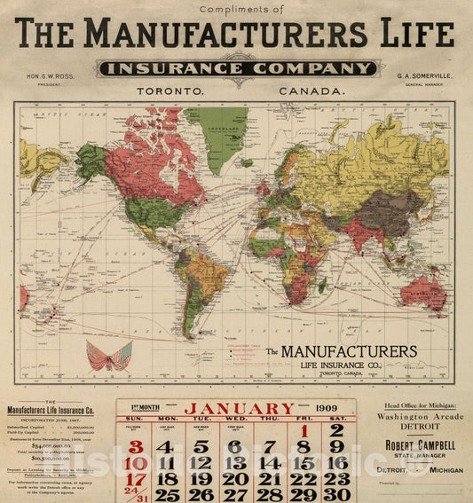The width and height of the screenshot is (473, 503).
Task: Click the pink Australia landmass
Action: pos(422,292)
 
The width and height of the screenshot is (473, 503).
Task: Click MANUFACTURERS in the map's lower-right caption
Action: pos(349,352)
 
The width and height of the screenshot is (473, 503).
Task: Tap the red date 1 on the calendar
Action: pos(303,431)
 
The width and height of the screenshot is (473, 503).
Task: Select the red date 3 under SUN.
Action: pos(136,447)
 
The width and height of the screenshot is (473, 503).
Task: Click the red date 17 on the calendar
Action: pos(136,479)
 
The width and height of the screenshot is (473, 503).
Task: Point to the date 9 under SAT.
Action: pos(336,447)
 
